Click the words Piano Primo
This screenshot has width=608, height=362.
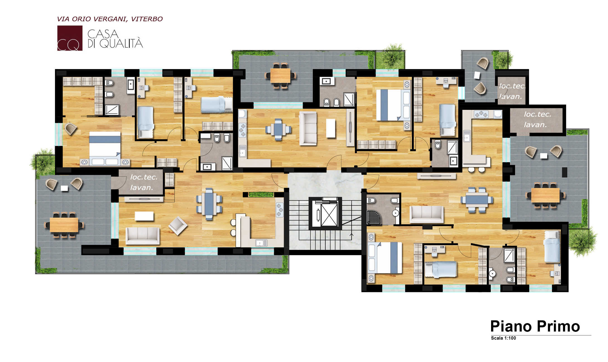535,326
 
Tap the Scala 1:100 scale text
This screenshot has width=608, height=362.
503,338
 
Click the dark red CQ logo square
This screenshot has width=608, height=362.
70,38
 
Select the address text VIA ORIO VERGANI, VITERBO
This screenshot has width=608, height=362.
110,19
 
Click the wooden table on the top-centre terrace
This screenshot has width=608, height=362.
280,76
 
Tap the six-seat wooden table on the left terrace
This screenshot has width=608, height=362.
64,225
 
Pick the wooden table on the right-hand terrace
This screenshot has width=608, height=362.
545,195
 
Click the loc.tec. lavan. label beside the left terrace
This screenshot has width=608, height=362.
143,182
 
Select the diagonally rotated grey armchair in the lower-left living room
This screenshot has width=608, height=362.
178,226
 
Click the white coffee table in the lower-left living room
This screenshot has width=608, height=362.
144,216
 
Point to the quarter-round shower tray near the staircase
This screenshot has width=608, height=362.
373,217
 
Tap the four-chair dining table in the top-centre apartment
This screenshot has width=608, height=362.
278,129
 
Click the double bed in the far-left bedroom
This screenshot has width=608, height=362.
105,148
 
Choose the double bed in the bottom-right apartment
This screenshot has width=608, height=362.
385,258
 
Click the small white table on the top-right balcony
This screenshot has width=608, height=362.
477,75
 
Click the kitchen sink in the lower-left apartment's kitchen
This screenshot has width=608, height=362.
261,243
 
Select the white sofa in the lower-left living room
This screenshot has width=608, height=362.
143,236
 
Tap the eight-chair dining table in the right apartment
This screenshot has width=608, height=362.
477,200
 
